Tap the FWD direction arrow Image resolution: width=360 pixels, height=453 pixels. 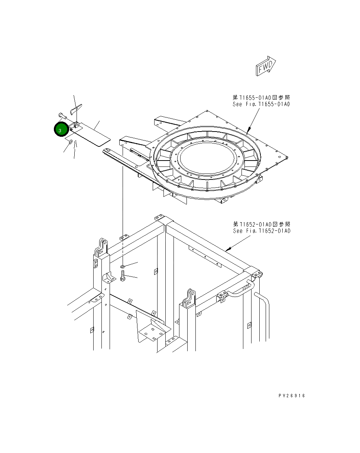click(265, 67)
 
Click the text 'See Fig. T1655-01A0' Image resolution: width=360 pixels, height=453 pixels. click(261, 104)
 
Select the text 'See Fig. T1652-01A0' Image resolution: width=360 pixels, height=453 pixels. click(262, 231)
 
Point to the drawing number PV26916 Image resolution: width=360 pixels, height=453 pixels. click(292, 396)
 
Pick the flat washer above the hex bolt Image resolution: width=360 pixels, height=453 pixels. click(123, 266)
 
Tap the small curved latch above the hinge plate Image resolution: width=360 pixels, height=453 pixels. click(76, 108)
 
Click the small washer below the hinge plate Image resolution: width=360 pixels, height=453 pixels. click(70, 142)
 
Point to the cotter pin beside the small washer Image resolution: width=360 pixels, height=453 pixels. click(75, 144)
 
